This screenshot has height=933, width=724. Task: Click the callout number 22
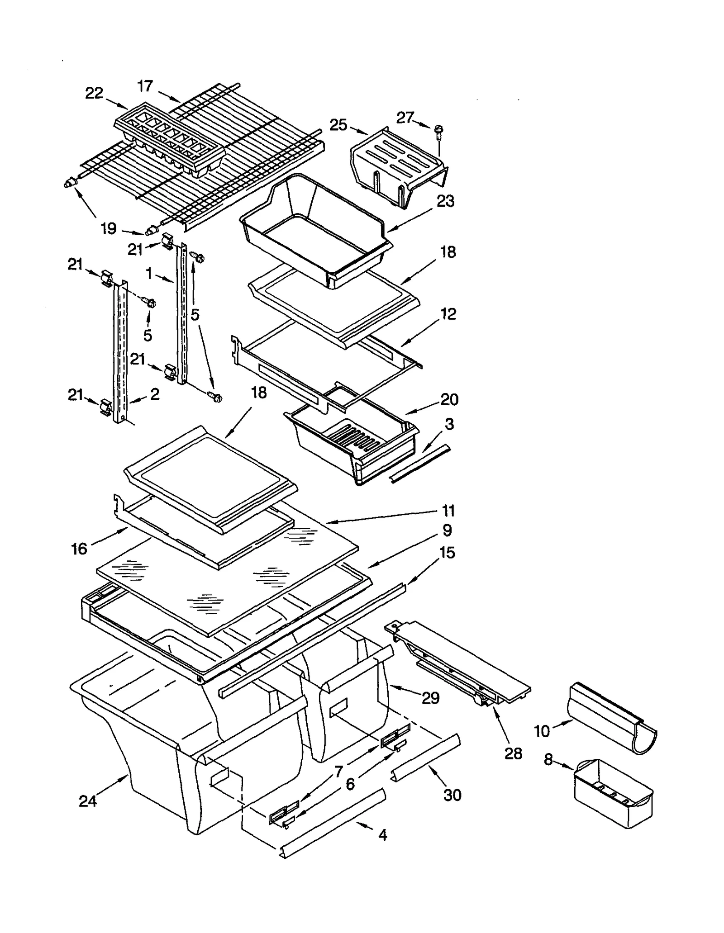[x=94, y=93]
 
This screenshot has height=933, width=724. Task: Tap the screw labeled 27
[x=438, y=131]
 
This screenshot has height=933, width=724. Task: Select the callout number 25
[x=338, y=124]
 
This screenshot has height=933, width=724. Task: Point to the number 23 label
[x=445, y=201]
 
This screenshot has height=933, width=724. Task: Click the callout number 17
[x=145, y=86]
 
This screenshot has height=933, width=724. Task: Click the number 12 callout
[x=448, y=314]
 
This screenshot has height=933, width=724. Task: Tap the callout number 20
[x=449, y=399]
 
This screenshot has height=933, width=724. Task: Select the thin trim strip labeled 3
[x=420, y=464]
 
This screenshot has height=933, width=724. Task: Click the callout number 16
[x=79, y=549]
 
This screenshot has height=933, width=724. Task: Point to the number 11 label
[x=448, y=511]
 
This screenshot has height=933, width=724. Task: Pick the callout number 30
[x=452, y=795]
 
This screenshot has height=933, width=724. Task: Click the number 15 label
[x=447, y=553]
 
